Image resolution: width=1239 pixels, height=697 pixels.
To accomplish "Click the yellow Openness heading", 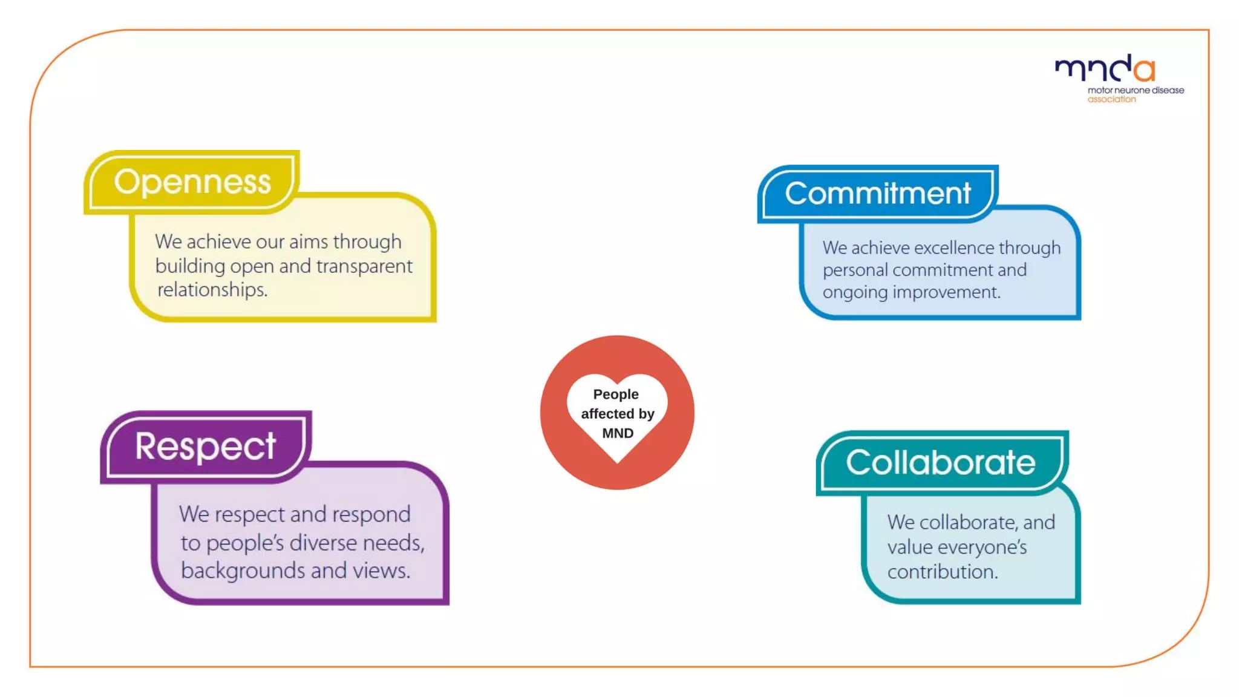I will [192, 182].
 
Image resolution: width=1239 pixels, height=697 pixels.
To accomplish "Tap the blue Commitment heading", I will [877, 194].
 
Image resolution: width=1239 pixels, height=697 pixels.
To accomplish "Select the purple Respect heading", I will [205, 447].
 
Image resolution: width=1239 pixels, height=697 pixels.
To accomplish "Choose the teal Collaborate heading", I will [940, 463].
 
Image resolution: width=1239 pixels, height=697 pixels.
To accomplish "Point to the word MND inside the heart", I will [618, 433].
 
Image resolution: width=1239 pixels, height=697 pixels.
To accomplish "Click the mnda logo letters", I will [1105, 69].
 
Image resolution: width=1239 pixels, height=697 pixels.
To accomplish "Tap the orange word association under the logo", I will [1111, 99].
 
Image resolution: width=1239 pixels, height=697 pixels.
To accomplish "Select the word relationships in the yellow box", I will [212, 290].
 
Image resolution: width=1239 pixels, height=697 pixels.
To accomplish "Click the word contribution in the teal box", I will [942, 572].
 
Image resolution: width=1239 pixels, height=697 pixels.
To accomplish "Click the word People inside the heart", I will [616, 394].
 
